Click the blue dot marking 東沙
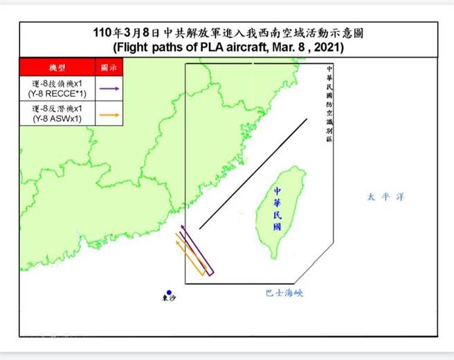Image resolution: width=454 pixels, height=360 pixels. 169,293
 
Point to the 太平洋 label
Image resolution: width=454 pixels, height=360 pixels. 385,197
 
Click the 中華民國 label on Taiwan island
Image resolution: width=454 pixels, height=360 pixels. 277,208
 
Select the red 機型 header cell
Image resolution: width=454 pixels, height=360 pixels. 56,67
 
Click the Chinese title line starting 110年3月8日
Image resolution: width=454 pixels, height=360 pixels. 228,34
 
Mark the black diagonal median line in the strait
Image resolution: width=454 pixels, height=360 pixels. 253,174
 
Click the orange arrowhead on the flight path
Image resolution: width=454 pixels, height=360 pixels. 177,235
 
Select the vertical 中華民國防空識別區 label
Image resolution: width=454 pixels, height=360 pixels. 329,104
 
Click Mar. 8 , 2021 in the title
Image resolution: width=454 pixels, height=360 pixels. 305,49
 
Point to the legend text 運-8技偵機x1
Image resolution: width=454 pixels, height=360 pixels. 56,83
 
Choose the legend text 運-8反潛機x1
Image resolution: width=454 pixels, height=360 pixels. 56,109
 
